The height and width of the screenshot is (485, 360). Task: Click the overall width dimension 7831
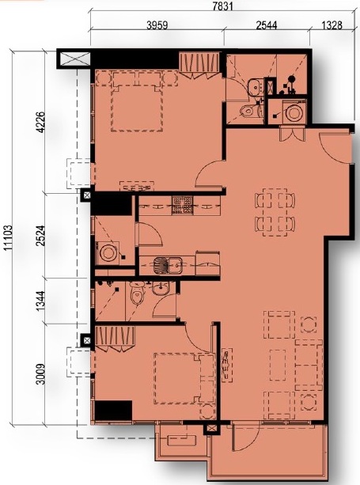pos(222,6)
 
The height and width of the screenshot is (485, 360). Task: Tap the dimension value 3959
pos(157,25)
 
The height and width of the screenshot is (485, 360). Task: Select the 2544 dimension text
pos(267,25)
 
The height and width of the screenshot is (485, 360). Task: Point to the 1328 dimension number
pos(332,25)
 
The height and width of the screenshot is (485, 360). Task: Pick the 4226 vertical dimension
pos(40,122)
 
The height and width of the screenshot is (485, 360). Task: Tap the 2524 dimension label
pos(40,236)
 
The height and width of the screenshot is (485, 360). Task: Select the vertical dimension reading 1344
pos(40,301)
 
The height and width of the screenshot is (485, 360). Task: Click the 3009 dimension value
pos(40,373)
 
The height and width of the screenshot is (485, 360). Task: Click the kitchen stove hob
pos(183,206)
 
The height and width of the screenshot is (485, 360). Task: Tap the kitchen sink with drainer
pos(168,265)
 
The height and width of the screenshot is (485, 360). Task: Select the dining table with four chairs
pos(275,212)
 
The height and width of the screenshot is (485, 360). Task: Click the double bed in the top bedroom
pos(137,100)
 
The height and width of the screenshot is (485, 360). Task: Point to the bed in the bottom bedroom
pos(184,379)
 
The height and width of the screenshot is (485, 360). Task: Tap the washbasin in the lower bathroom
pos(160,289)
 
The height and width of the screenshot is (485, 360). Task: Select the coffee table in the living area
pos(278,365)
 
